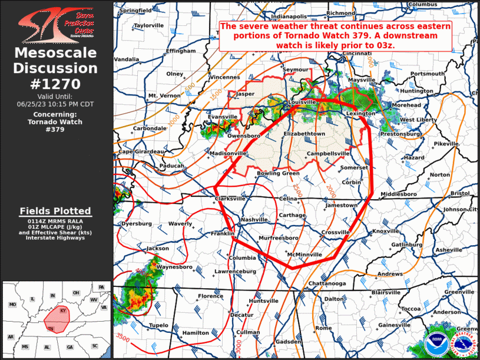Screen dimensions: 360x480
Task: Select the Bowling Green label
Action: click(279, 174)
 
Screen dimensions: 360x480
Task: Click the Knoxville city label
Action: click(386, 231)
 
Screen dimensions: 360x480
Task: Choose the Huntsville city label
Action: click(263, 301)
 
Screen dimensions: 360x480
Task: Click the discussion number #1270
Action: click(56, 84)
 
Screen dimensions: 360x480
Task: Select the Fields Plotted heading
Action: click(55, 211)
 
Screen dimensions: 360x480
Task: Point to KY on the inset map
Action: click(64, 309)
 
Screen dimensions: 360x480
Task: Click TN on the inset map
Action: click(51, 328)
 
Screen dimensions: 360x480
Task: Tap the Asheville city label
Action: click(448, 250)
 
